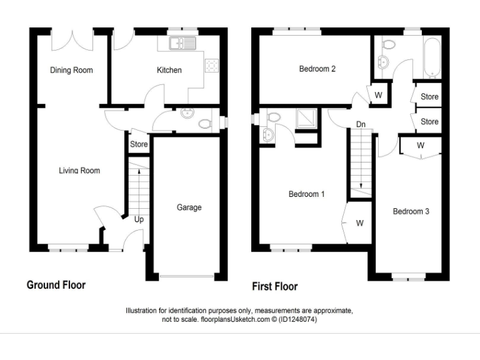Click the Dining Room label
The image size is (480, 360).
[71, 70]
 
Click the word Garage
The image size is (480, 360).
[189, 207]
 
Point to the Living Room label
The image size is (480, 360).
[79, 171]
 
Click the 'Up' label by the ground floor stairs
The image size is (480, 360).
[139, 220]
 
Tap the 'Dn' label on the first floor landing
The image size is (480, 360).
[361, 124]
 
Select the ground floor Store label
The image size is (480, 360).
[139, 144]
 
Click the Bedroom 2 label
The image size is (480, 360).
[317, 69]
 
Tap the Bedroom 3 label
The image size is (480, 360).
[411, 211]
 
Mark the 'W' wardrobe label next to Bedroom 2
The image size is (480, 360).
[379, 96]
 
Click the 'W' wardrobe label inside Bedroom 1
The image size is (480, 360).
[360, 223]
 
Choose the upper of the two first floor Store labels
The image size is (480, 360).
[429, 97]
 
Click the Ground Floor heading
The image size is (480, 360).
[56, 285]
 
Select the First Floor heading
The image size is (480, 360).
[274, 286]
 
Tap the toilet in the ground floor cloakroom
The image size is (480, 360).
[204, 124]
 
